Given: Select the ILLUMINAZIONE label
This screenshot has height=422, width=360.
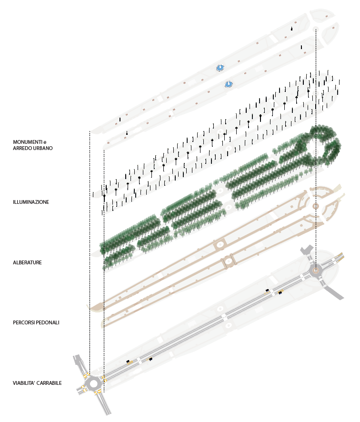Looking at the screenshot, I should tap(31, 202).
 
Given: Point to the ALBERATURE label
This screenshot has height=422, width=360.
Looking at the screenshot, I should tap(28, 262).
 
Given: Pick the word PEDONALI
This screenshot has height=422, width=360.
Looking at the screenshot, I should tap(49, 322).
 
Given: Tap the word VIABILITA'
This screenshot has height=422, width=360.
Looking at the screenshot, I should tap(24, 383).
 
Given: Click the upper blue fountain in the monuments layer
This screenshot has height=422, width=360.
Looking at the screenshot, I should tap(220, 68).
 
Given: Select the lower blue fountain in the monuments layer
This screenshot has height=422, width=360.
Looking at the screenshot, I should tap(229, 84).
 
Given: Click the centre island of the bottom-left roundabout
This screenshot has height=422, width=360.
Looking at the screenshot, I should tap(93, 382).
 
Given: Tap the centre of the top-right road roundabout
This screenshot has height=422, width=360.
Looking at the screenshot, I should tap(316, 270).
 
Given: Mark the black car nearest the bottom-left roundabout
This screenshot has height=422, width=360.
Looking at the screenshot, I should tap(128, 362).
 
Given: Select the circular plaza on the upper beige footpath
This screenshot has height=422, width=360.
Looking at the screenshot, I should tap(220, 244).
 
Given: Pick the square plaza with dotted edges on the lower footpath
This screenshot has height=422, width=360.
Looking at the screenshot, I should tap(228, 260).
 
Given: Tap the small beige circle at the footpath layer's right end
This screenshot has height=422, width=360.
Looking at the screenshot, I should tap(316, 206).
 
